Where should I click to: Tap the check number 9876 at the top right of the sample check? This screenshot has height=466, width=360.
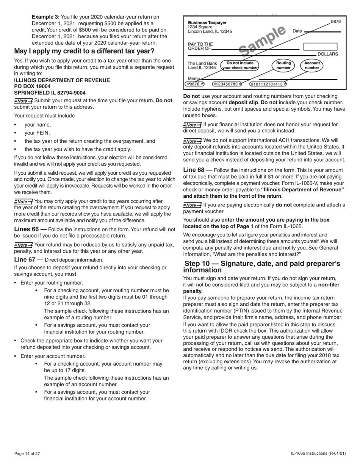click(x=336, y=22)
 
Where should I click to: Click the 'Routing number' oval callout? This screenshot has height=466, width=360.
click(x=283, y=66)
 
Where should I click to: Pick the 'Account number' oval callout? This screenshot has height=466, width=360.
click(x=312, y=66)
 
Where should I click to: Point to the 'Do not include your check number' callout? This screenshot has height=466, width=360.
click(x=240, y=66)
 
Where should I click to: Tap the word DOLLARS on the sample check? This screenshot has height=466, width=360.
click(x=327, y=54)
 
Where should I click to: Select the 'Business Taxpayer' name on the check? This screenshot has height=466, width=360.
click(x=207, y=23)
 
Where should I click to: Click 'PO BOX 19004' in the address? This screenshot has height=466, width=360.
click(x=32, y=86)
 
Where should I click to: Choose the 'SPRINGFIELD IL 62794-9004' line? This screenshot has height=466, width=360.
click(x=50, y=93)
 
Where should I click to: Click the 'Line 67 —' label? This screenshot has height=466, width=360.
click(x=28, y=260)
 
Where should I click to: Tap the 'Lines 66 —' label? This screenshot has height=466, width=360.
click(x=30, y=229)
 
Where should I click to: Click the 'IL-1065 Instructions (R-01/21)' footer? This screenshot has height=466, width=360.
click(x=318, y=453)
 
